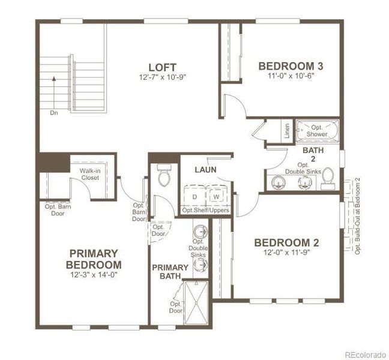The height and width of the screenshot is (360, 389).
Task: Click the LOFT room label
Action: (163, 67)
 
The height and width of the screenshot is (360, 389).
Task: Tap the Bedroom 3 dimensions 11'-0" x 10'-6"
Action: (291, 76)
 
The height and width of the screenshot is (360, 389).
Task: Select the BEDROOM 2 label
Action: (287, 243)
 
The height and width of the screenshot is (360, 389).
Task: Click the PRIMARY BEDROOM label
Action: (94, 259)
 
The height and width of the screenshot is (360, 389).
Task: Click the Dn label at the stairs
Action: (54, 113)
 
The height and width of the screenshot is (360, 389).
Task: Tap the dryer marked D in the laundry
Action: (195, 196)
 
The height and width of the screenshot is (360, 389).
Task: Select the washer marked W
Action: (217, 196)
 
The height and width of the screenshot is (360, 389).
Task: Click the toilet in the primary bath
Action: (164, 175)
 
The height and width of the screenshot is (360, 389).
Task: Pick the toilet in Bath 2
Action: (327, 179)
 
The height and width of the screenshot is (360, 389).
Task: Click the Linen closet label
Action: (287, 131)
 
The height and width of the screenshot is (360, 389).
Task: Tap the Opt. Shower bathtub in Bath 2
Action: (318, 131)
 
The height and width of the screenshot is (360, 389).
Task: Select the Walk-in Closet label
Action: (90, 174)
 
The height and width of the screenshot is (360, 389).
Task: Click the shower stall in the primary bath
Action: (196, 302)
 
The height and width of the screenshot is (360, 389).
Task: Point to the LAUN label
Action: (205, 170)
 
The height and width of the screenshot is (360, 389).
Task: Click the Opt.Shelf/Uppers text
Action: (206, 210)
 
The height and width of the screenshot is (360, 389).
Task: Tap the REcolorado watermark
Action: (366, 354)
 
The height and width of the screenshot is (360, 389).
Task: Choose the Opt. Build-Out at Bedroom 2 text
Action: (358, 216)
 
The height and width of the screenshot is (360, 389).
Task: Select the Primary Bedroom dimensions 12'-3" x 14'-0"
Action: (94, 275)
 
